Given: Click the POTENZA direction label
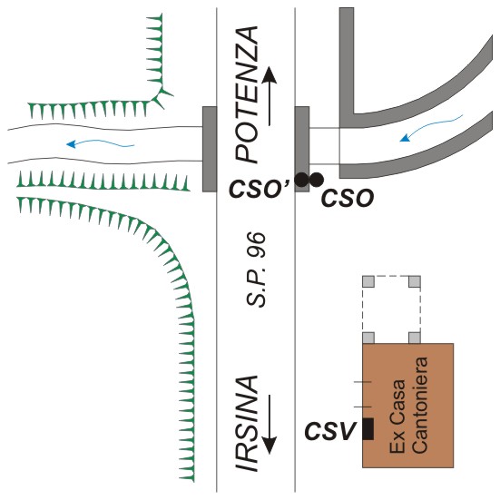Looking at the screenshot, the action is coord(247,94).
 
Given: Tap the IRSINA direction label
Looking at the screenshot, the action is coord(247,424).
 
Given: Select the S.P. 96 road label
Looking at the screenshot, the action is coord(256,270).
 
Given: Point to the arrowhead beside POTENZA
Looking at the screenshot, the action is coord(270,75).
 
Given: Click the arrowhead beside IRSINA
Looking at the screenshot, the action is coord(270,445).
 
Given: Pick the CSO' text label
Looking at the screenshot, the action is coord(260,189).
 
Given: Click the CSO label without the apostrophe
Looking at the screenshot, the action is coord(348,198).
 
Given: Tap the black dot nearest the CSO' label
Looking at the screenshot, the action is coord(301,180).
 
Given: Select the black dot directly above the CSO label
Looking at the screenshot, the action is coord(317,180).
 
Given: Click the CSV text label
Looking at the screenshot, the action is coord(330,431).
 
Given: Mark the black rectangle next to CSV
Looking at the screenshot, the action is coord(368,429).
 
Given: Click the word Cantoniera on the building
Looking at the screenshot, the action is coord(421,405).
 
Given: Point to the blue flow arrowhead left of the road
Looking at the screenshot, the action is coord(71,144).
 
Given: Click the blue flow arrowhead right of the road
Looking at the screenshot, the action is coord(406,137).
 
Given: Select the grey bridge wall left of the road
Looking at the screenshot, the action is coord(210,149).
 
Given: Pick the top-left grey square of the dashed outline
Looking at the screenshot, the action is coord(368,281).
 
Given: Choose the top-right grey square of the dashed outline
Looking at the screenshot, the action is coord(415,281).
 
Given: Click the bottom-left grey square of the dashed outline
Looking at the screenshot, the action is coord(368,338).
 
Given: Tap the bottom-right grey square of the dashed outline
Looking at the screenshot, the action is coord(415,338).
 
